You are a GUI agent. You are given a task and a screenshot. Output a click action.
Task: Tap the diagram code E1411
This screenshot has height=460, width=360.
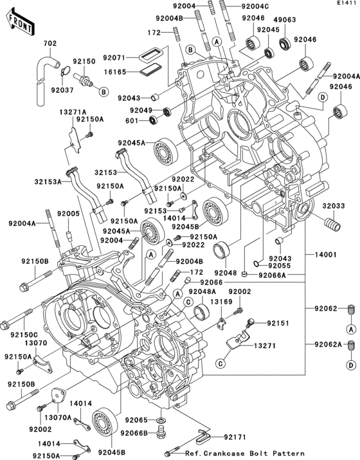[345, 4]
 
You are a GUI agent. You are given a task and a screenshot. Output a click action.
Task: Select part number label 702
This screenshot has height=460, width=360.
[50, 44]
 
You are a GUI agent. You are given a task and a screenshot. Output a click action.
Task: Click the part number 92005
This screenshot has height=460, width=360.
[67, 214]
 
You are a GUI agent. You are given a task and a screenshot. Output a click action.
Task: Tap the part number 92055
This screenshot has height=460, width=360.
[280, 265]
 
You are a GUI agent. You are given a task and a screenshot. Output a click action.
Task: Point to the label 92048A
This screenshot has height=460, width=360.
[202, 292]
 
